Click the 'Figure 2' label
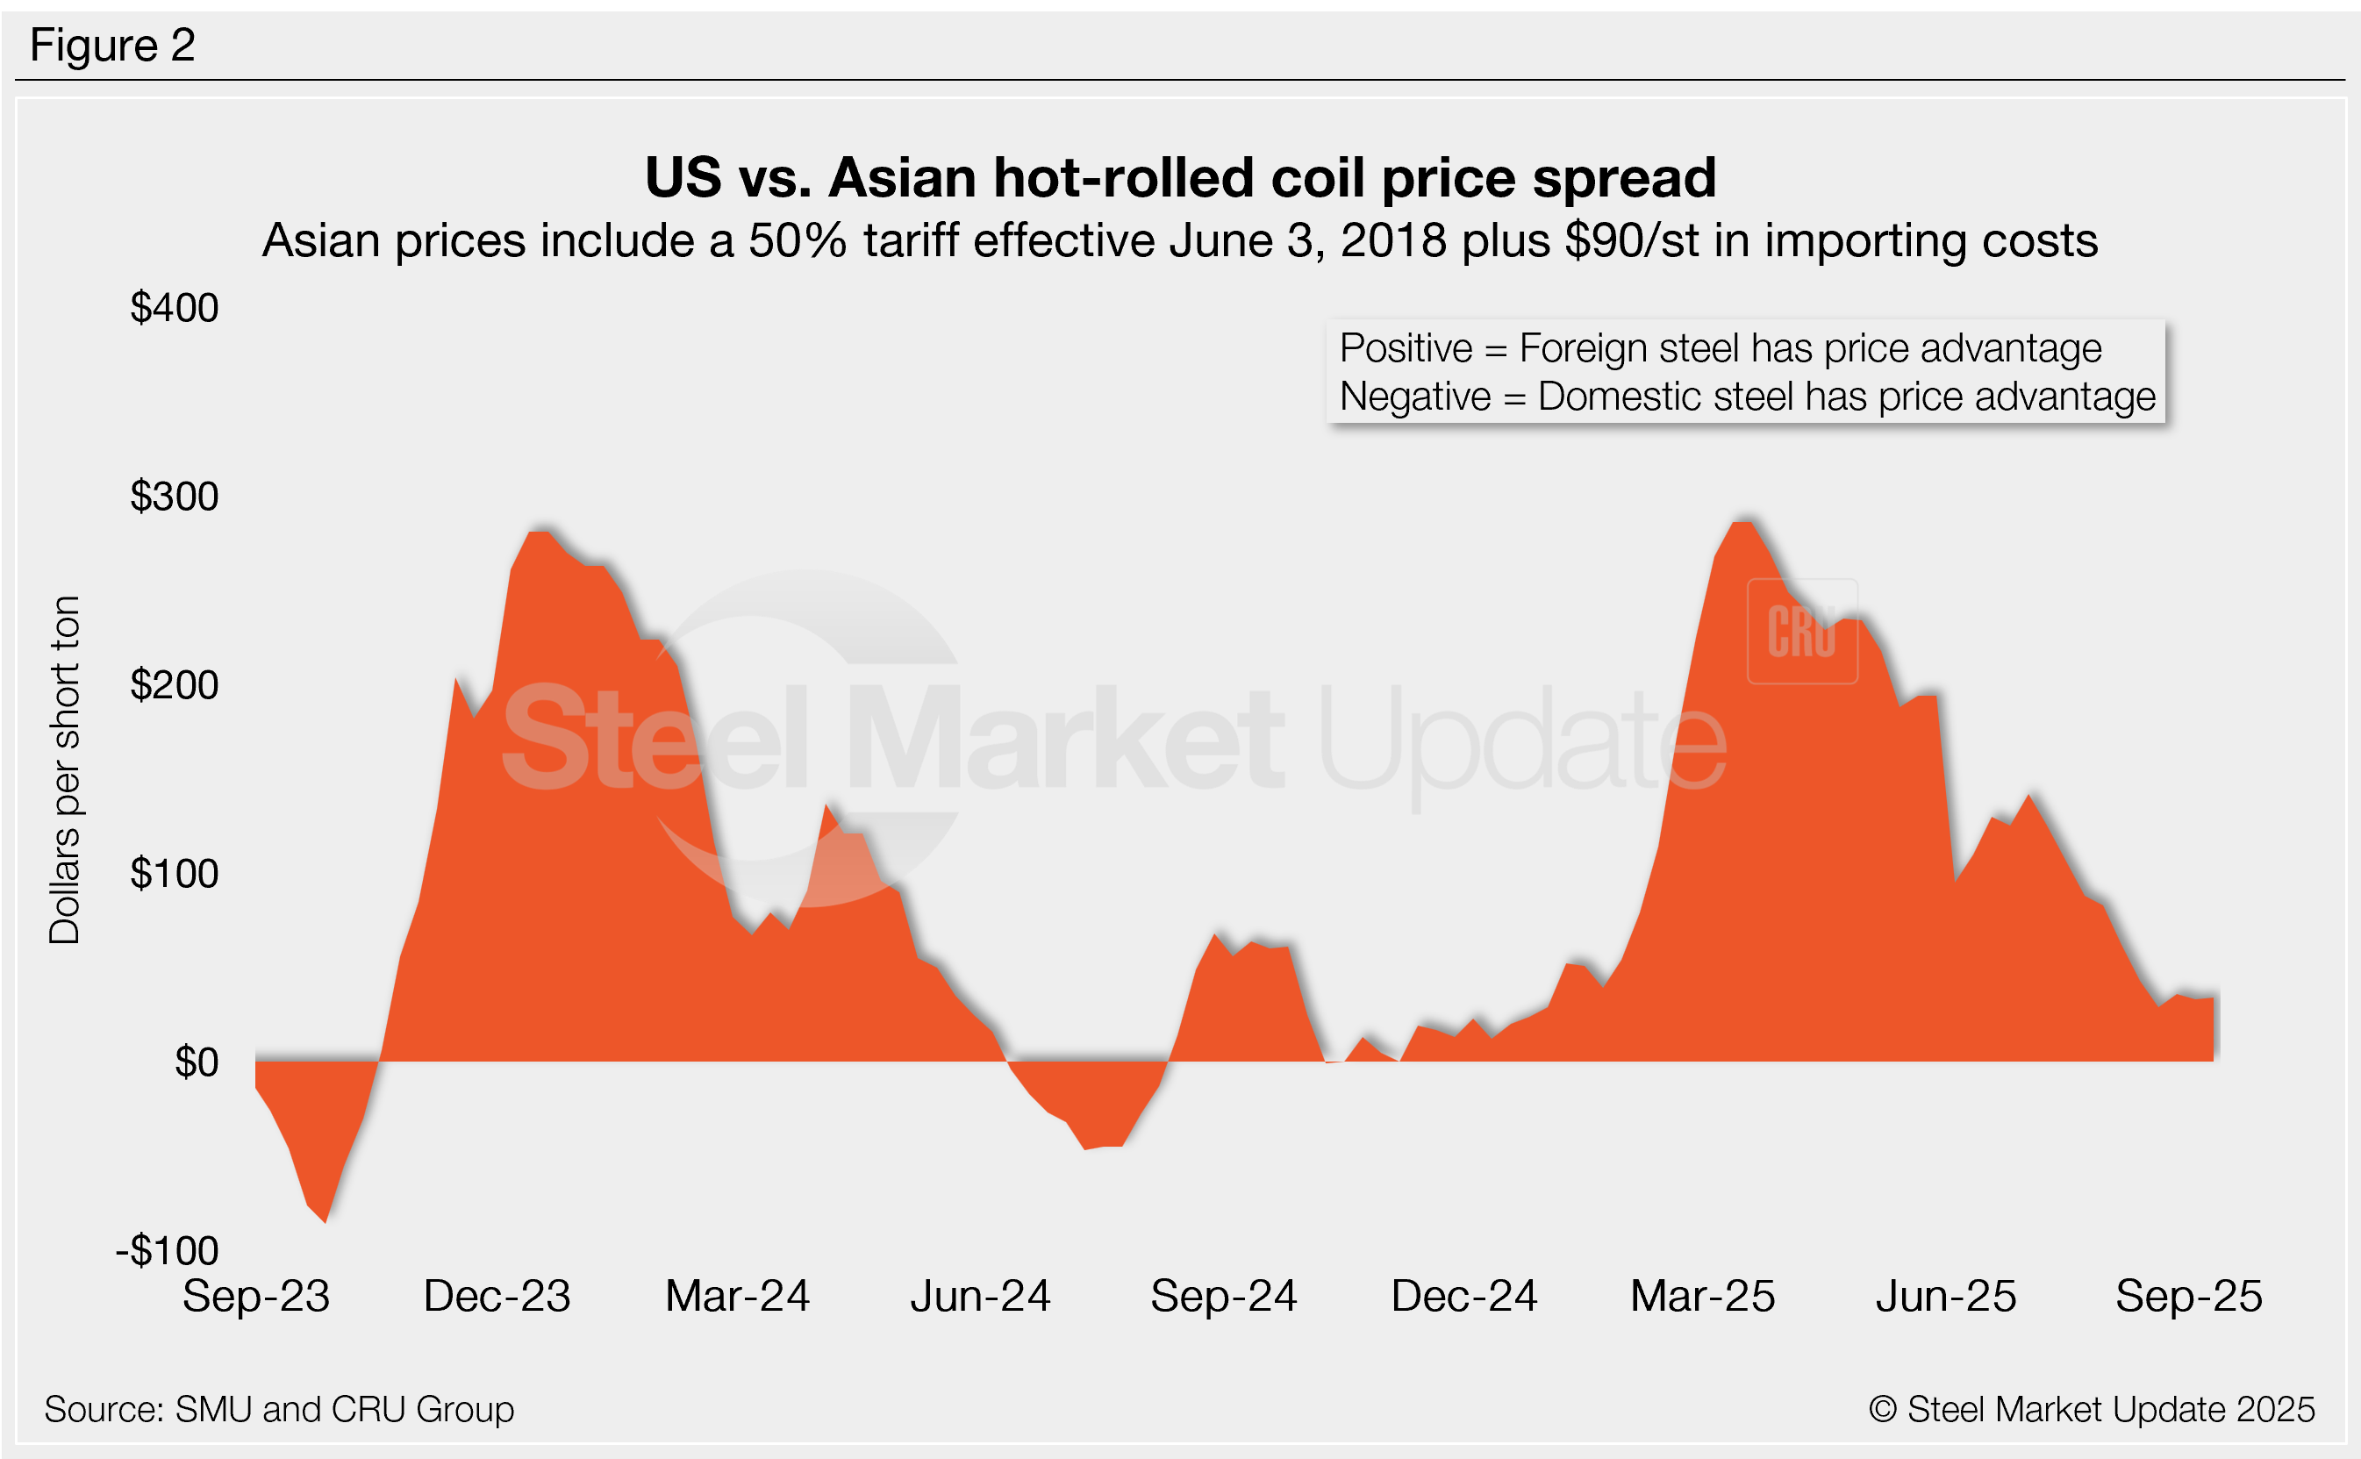(112, 46)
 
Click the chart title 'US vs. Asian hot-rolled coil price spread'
(1180, 177)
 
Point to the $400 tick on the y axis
(175, 308)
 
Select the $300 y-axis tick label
(175, 496)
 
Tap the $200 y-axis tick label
(175, 685)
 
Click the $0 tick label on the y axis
(197, 1062)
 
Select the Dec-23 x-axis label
(497, 1296)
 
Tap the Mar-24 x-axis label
(738, 1296)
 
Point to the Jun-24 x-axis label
(980, 1296)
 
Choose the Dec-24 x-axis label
(1463, 1296)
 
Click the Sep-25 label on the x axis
(2188, 1296)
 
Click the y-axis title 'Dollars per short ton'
(65, 769)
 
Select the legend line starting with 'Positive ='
(1721, 348)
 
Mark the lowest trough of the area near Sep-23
(326, 1220)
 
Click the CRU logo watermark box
(1801, 632)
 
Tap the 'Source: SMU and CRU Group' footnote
(279, 1409)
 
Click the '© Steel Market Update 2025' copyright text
(2091, 1409)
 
